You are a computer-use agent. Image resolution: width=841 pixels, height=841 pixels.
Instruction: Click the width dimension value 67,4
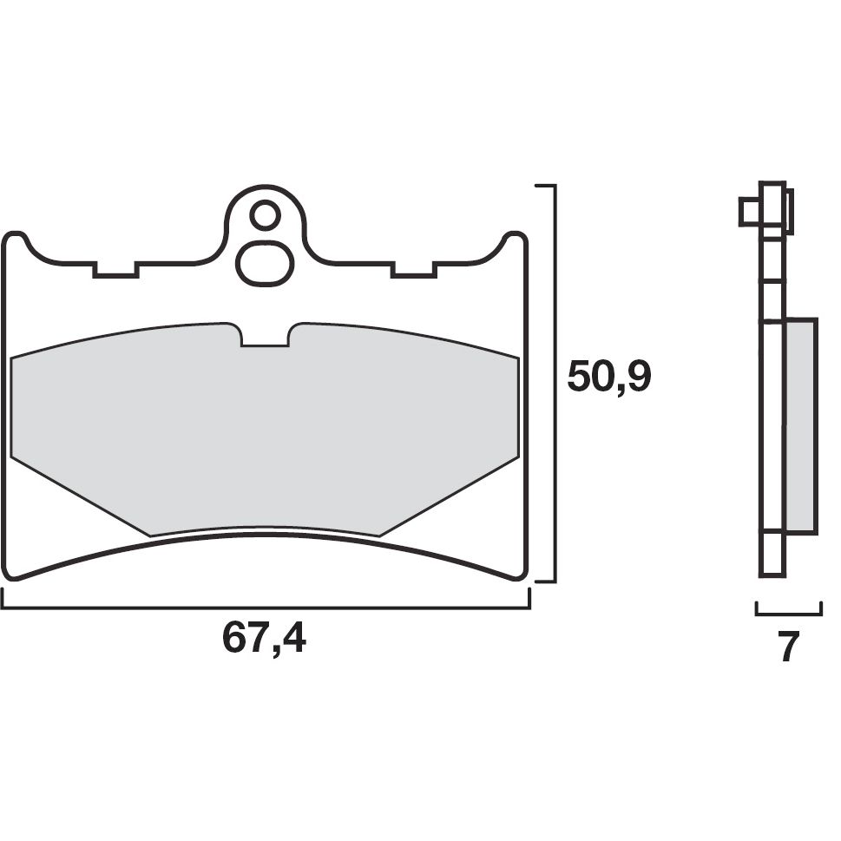point(264,640)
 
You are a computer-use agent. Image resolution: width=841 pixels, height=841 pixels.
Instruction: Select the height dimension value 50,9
point(608,377)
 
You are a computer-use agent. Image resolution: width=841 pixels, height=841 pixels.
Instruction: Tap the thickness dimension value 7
point(787,647)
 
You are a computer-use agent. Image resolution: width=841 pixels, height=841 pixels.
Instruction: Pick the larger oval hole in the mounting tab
point(265,264)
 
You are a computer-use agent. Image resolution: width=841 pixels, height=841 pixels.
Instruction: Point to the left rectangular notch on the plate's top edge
point(115,270)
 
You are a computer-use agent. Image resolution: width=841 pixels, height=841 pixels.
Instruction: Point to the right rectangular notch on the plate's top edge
point(413,270)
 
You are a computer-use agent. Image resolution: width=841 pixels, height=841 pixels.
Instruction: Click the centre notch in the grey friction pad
point(265,336)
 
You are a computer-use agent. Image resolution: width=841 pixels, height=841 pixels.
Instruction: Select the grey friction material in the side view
point(800,425)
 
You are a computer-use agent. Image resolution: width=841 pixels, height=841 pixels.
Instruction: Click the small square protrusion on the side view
point(748,211)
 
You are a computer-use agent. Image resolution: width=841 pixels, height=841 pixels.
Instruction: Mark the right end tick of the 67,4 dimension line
point(529,599)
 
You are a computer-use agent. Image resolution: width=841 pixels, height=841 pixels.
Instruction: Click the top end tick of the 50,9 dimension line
point(544,186)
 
